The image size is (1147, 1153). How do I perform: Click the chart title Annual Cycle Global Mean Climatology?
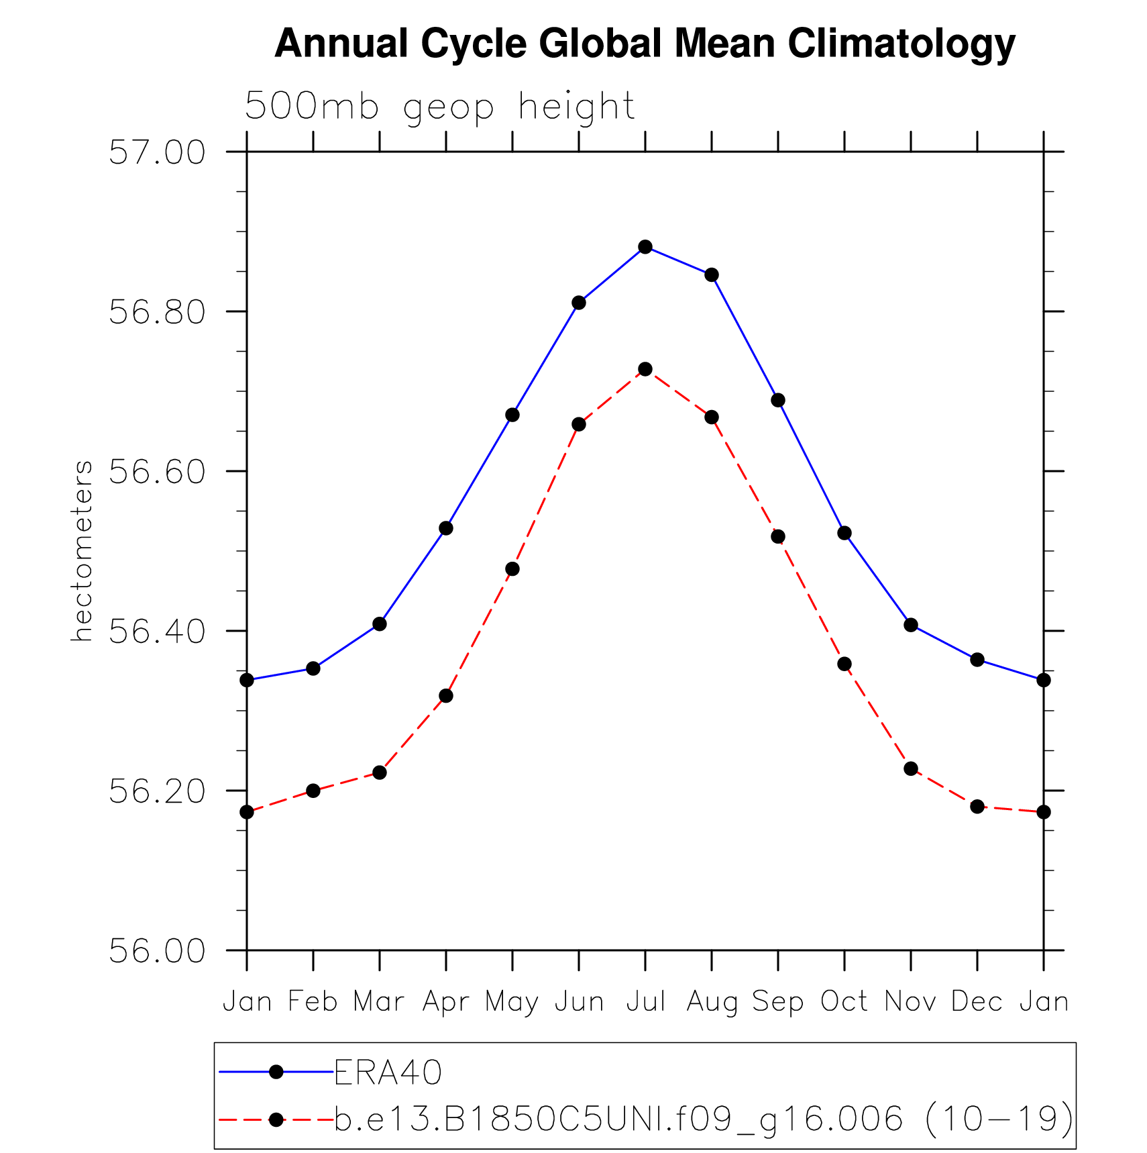(645, 44)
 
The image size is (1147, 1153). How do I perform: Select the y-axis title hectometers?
(82, 550)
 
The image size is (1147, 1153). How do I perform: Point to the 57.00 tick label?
(156, 153)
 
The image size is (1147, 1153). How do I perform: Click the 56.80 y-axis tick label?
(156, 313)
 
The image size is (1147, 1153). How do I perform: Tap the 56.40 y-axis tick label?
(156, 632)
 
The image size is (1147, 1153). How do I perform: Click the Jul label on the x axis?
(645, 1002)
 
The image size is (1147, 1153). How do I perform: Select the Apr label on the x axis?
(445, 1002)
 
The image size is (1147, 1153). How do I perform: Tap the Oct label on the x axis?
(844, 1002)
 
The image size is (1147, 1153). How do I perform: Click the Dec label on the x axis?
(977, 1002)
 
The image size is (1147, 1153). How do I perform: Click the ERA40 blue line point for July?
(645, 247)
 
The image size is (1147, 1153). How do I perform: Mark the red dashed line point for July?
(645, 369)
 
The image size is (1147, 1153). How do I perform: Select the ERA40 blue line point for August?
(712, 275)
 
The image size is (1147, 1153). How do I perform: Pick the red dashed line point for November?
(911, 768)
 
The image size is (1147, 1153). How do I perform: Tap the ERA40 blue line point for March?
(380, 624)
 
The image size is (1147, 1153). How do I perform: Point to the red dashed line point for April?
(446, 696)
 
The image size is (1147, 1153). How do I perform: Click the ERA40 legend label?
(388, 1072)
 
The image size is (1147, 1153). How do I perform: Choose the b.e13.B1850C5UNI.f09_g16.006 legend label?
(704, 1119)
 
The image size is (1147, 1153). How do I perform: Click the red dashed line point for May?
(512, 569)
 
